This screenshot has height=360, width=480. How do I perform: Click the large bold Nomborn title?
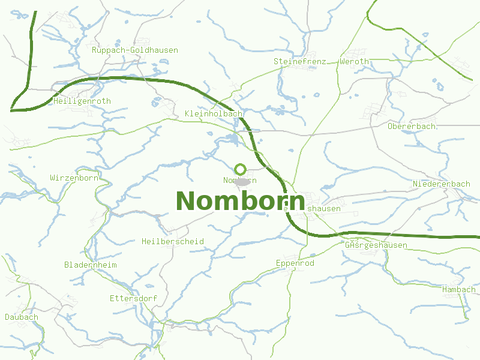click(240, 200)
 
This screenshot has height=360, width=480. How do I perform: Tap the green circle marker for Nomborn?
click(241, 169)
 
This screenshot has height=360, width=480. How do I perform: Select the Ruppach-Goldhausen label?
click(135, 50)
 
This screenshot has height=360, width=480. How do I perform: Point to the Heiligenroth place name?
click(82, 101)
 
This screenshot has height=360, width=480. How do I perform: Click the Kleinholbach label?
click(214, 113)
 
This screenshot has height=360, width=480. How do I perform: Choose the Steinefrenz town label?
click(300, 61)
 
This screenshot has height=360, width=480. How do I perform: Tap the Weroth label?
click(354, 61)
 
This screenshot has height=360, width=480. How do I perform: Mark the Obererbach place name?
click(412, 127)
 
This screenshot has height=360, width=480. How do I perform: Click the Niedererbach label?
click(442, 184)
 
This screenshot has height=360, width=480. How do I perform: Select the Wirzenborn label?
click(74, 178)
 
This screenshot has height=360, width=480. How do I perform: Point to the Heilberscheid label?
click(173, 242)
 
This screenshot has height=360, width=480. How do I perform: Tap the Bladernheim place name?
click(91, 265)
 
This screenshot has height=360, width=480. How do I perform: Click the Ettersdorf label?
click(133, 298)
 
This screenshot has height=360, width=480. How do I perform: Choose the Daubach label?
click(22, 317)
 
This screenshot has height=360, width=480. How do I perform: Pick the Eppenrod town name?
click(295, 263)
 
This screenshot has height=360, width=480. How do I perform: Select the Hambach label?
click(458, 290)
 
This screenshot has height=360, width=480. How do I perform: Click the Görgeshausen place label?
click(376, 245)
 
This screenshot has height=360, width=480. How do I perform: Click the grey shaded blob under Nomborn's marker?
click(242, 181)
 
